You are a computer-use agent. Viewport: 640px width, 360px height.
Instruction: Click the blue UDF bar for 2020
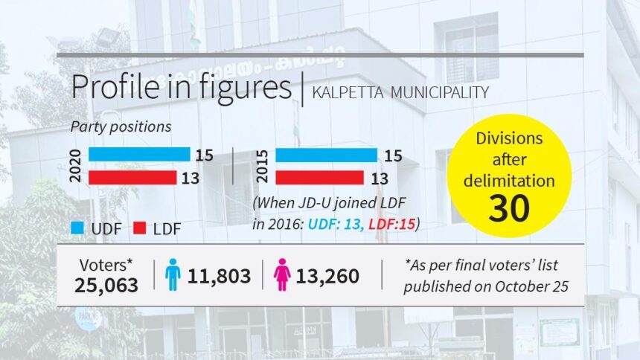(139, 155)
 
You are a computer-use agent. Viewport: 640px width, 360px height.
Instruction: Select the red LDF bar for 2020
(132, 177)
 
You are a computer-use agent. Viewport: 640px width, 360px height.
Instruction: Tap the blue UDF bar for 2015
(326, 155)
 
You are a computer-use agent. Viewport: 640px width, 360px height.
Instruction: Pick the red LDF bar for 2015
(319, 177)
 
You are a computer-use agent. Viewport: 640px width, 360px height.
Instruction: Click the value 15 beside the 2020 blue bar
(205, 155)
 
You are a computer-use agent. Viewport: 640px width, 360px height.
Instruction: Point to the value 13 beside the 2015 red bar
(380, 178)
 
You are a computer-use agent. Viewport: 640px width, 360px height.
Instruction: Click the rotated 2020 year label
(75, 166)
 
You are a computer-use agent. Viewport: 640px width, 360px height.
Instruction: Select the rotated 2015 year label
(262, 166)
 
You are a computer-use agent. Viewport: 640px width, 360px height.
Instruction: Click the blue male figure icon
(172, 276)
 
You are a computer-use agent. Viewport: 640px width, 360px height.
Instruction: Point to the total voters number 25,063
(106, 285)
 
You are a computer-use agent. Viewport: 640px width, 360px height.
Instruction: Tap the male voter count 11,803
(219, 277)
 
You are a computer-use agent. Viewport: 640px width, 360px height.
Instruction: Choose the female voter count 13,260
(327, 277)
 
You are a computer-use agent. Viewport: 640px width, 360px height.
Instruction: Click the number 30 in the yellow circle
(510, 208)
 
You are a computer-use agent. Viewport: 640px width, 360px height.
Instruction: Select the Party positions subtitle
(121, 126)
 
